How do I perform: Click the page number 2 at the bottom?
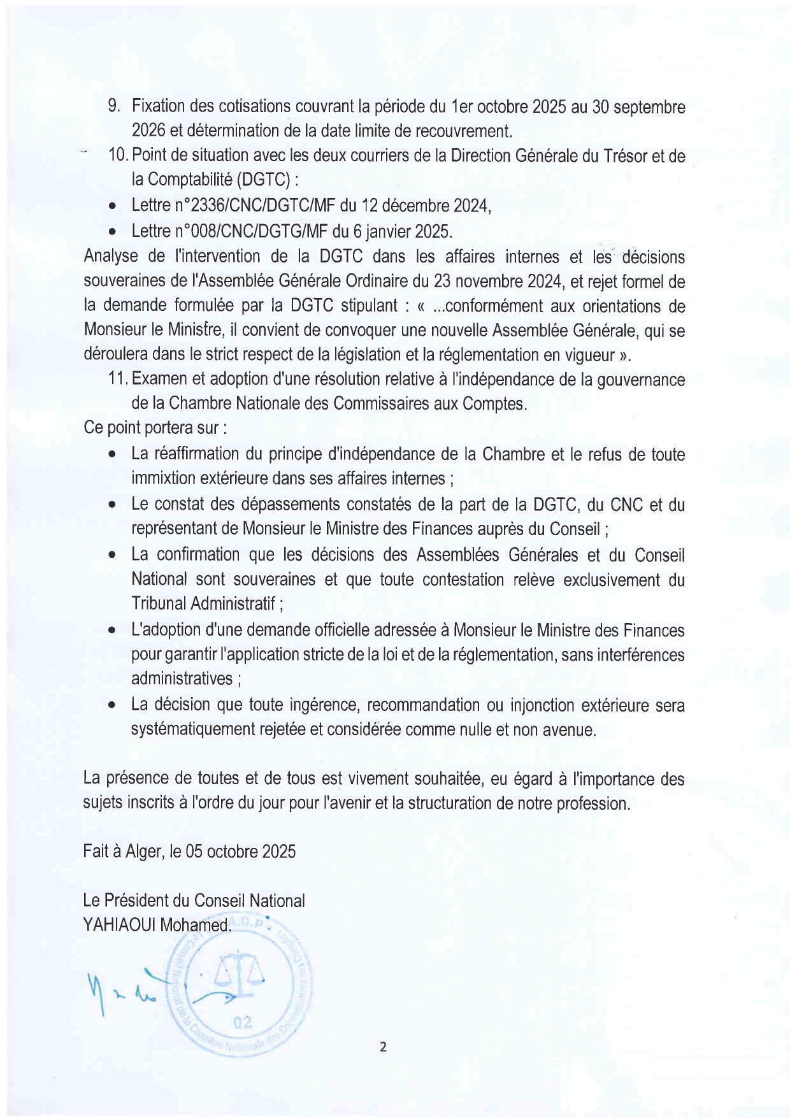coord(382,1046)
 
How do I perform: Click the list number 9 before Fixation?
coord(114,106)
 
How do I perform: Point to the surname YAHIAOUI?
coord(119,924)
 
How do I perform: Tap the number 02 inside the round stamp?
coord(243,1022)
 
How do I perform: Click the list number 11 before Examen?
coord(117,379)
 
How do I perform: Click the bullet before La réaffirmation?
coord(112,455)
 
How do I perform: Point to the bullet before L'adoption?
coord(112,631)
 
